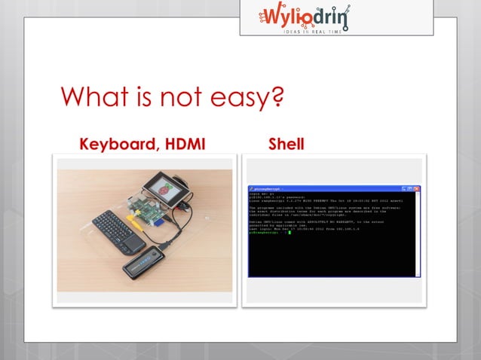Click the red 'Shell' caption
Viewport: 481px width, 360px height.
(286, 144)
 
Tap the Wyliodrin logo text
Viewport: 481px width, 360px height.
(335, 16)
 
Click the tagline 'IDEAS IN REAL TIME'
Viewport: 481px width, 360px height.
(335, 30)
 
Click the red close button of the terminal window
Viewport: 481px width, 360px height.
(416, 188)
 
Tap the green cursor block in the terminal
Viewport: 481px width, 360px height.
(290, 232)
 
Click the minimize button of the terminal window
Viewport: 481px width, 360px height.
(405, 188)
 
